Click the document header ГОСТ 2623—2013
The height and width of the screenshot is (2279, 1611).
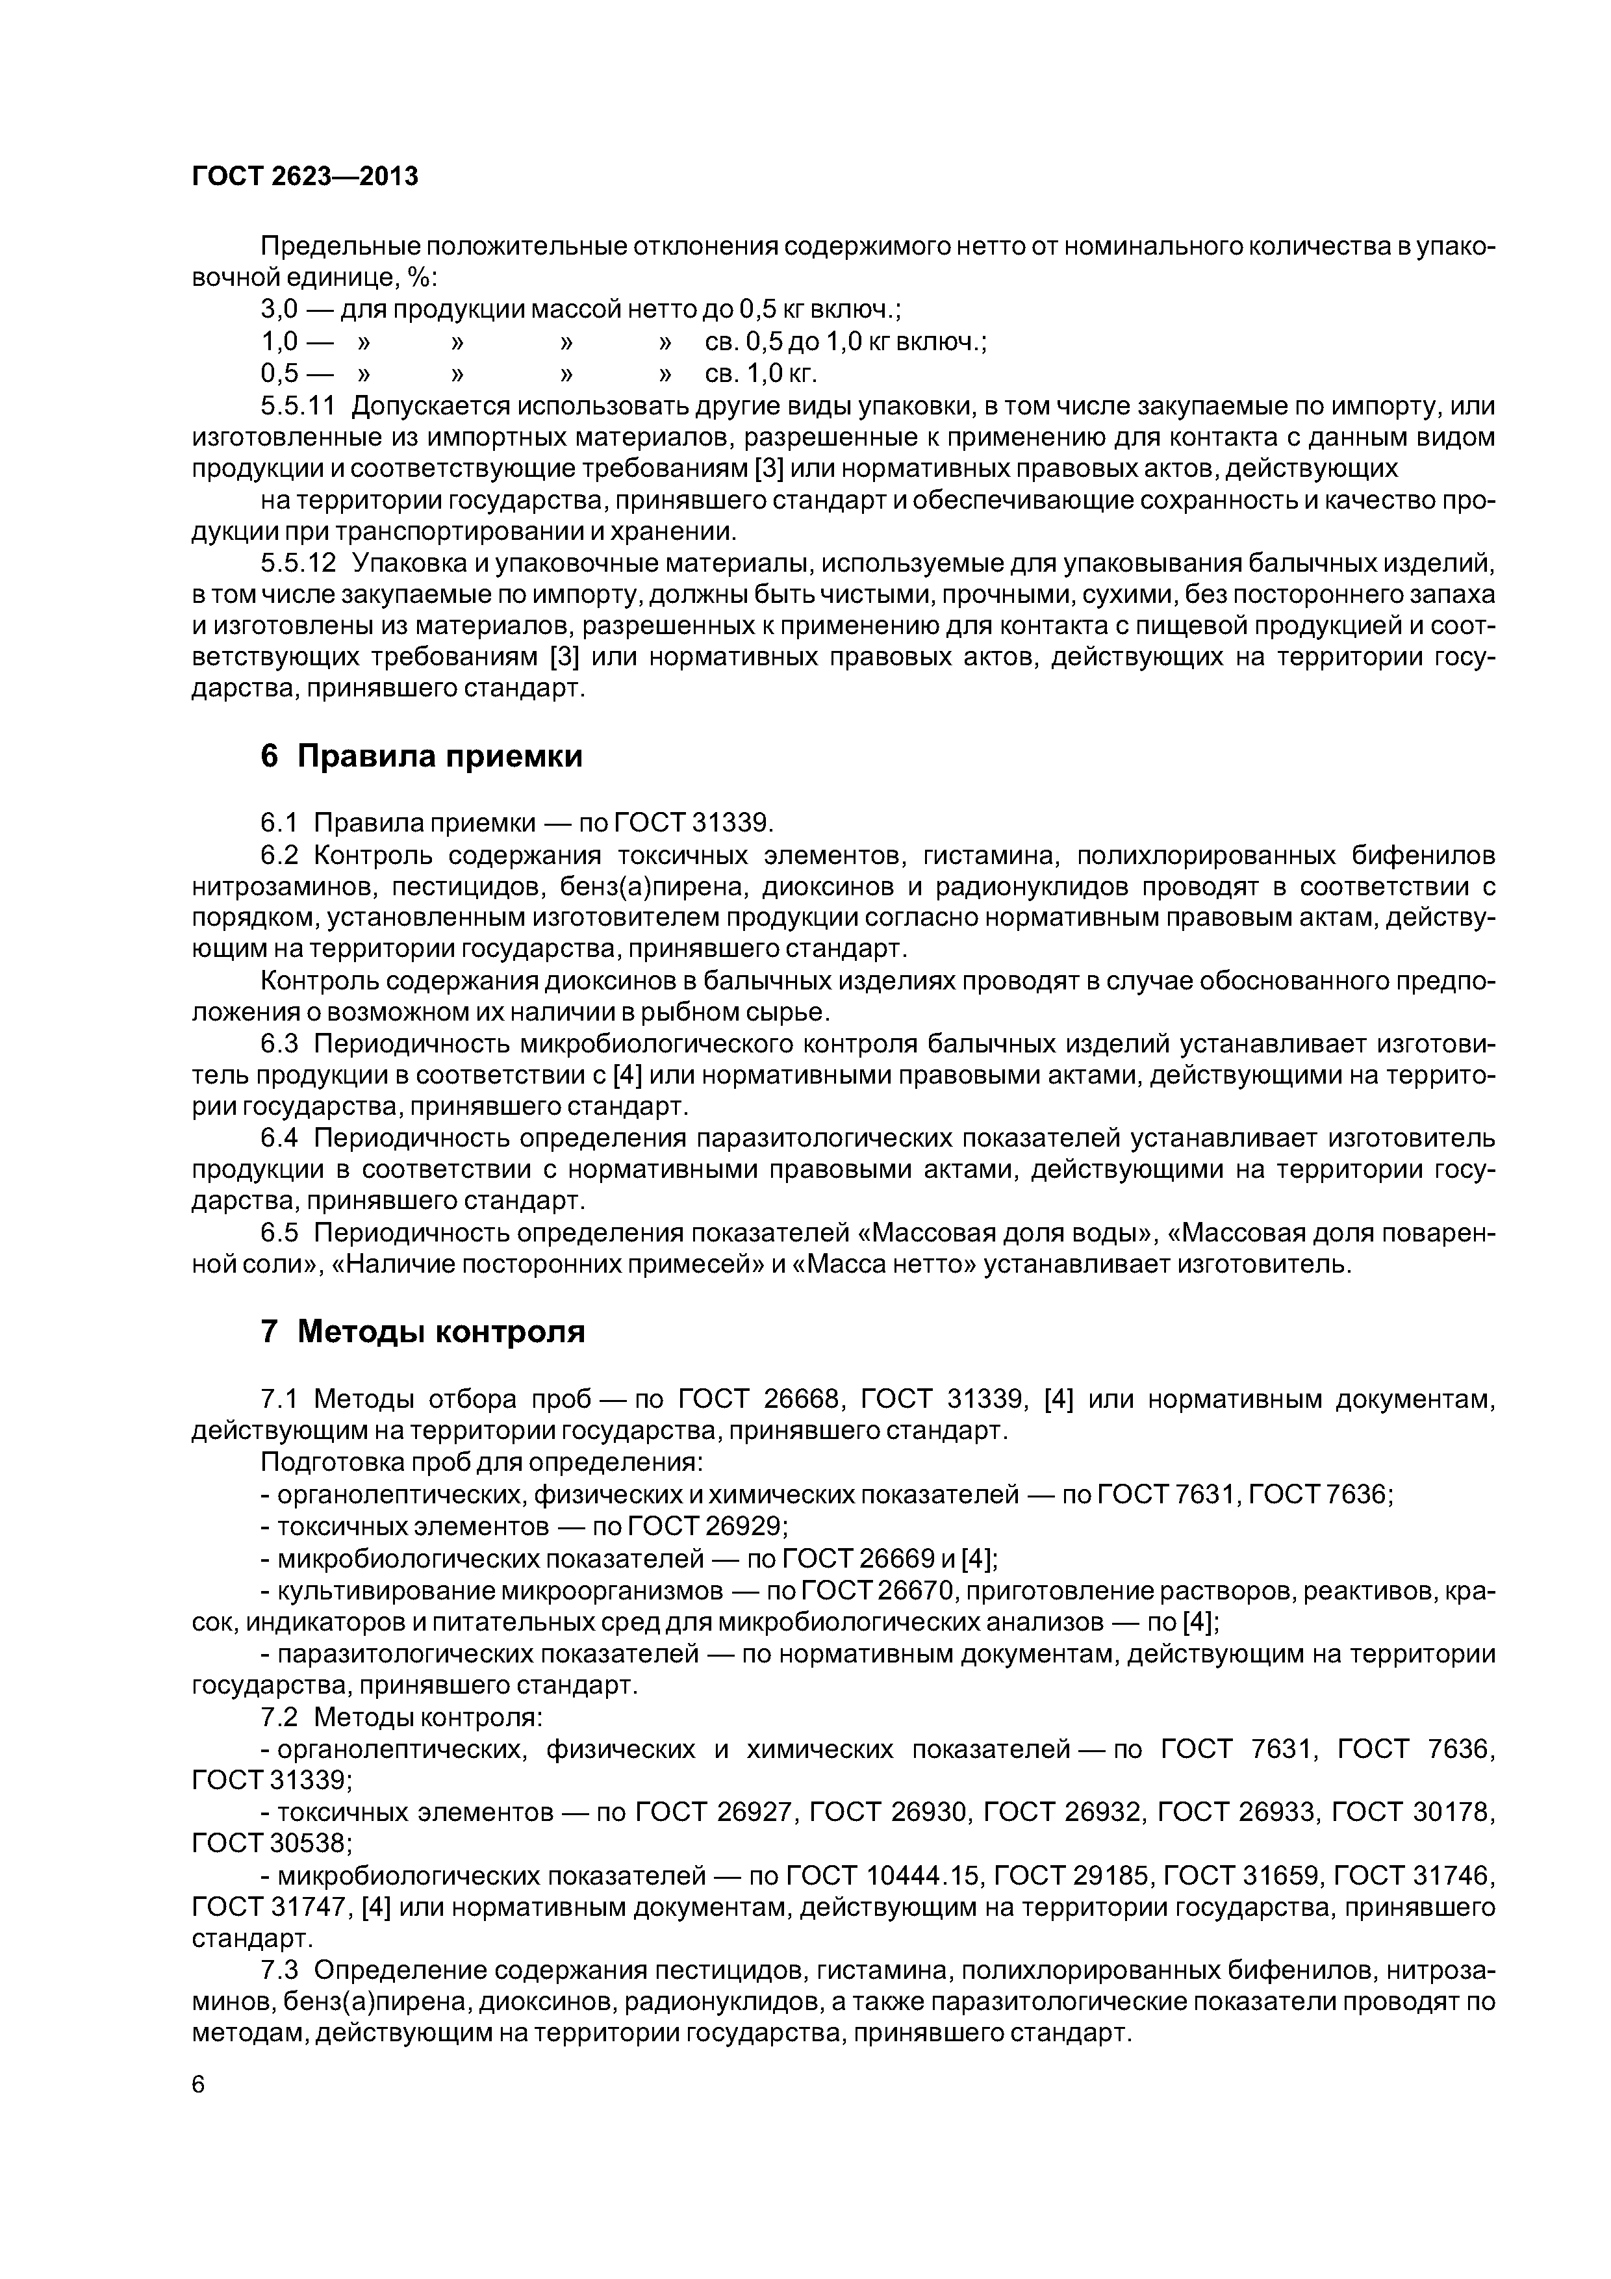tap(305, 177)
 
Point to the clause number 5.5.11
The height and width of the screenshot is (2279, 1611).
tap(298, 406)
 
